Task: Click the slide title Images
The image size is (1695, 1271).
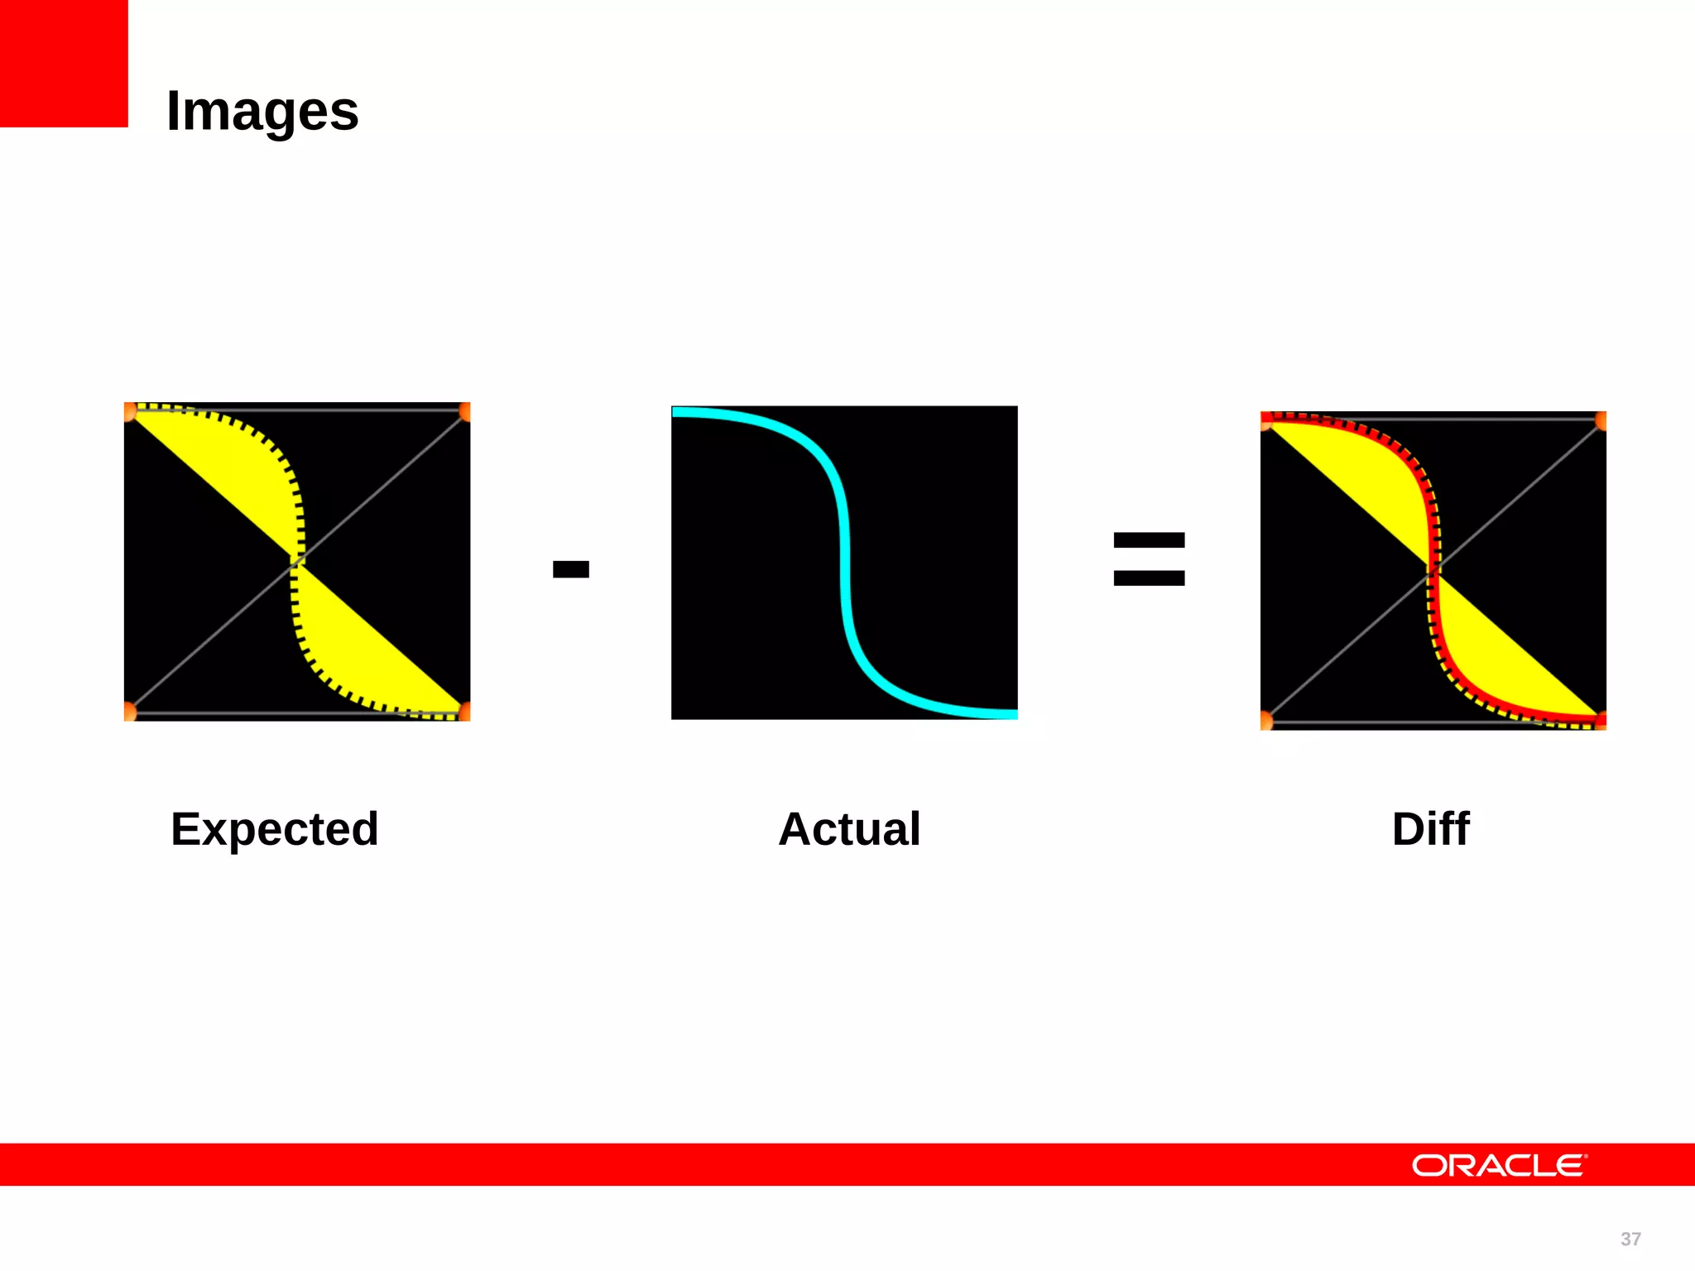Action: tap(262, 111)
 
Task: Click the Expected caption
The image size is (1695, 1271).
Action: tap(275, 828)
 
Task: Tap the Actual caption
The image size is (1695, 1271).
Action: tap(849, 828)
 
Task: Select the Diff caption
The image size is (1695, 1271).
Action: tap(1430, 828)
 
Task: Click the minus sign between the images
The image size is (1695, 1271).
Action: tap(571, 568)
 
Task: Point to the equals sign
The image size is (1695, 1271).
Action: tap(1149, 559)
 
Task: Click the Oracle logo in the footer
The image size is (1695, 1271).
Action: tap(1499, 1165)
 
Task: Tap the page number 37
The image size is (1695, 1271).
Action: tap(1630, 1239)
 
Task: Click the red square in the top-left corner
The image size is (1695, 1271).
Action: tap(64, 63)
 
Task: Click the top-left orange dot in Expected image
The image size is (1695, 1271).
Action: tap(129, 411)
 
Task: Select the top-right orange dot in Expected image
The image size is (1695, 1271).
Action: tap(465, 411)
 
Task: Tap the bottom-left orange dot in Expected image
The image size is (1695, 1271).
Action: tap(129, 711)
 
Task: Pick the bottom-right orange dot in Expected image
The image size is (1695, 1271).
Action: tap(465, 711)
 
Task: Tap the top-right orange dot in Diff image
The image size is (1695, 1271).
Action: tap(1601, 421)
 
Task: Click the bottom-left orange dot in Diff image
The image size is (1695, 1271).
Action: tap(1266, 721)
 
